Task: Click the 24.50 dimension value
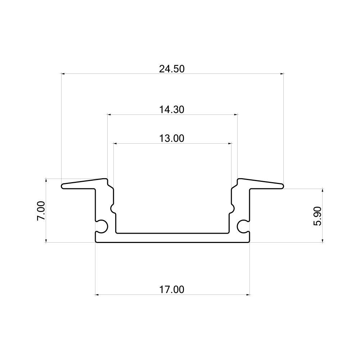[172, 69]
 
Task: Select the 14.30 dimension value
[172, 109]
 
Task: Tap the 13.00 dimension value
[172, 138]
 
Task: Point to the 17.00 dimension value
[172, 289]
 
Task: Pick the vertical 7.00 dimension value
[41, 211]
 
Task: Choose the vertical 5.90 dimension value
[317, 216]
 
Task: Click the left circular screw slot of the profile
[102, 226]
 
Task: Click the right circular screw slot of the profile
[243, 226]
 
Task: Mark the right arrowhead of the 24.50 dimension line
[282, 74]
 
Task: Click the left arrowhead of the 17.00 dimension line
[97, 295]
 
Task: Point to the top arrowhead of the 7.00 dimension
[46, 180]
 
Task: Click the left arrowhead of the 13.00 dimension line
[115, 143]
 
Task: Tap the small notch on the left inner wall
[113, 208]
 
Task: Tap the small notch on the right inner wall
[232, 208]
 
